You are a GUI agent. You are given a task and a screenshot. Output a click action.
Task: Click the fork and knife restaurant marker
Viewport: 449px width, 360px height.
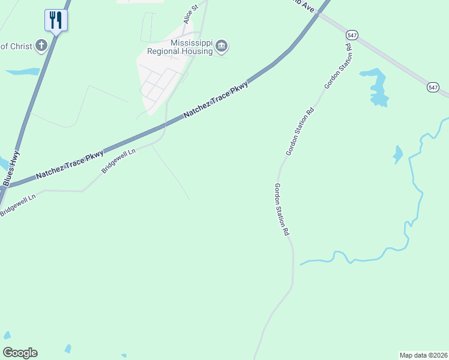[x=56, y=20]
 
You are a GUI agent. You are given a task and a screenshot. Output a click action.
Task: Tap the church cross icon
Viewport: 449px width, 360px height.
[x=41, y=46]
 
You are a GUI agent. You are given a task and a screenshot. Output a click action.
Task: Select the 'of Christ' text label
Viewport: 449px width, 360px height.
[x=16, y=46]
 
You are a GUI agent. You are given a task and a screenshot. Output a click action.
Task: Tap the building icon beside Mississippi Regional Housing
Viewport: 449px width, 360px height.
[x=221, y=46]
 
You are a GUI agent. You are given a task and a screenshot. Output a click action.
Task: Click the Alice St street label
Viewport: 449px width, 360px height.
[x=191, y=15]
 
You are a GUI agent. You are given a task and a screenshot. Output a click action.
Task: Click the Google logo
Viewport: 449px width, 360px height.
[x=20, y=353]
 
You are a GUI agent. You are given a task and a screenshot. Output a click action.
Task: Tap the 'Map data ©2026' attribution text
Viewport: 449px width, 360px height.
[x=423, y=355]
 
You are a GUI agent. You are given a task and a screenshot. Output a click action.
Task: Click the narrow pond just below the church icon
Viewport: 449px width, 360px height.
[x=23, y=72]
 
